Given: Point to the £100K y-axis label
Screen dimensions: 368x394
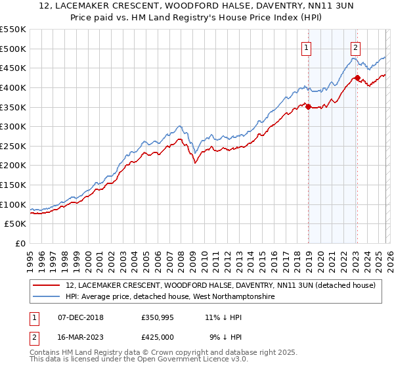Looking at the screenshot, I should pyautogui.click(x=12, y=204).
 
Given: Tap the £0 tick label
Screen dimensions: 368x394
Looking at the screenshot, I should pyautogui.click(x=19, y=243).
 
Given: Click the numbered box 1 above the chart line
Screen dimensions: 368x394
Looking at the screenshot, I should pyautogui.click(x=307, y=47).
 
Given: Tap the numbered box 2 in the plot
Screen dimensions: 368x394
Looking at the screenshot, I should pyautogui.click(x=355, y=47).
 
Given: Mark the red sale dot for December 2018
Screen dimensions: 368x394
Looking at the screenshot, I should pyautogui.click(x=308, y=106).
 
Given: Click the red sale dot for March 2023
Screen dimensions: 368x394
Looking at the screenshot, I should pyautogui.click(x=357, y=78).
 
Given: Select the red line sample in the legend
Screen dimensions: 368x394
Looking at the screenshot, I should pyautogui.click(x=47, y=286).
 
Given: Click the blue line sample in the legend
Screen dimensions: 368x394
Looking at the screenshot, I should pyautogui.click(x=47, y=297).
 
